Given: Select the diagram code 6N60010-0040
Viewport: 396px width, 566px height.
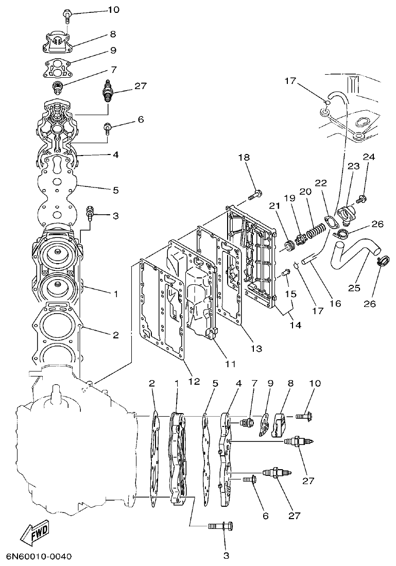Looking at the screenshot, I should point(39,557).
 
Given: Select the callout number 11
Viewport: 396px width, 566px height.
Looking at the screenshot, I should point(230,364).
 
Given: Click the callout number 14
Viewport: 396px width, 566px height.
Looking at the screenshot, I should point(295,325).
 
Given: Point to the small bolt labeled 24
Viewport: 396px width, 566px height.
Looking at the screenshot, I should point(363,197).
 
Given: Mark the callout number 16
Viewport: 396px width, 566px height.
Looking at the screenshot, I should point(335,303).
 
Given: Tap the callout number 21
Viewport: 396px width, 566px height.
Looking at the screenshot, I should point(273,205).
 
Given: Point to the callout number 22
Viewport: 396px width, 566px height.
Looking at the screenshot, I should point(321,183).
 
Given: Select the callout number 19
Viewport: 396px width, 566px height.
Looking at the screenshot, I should point(289,198).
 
